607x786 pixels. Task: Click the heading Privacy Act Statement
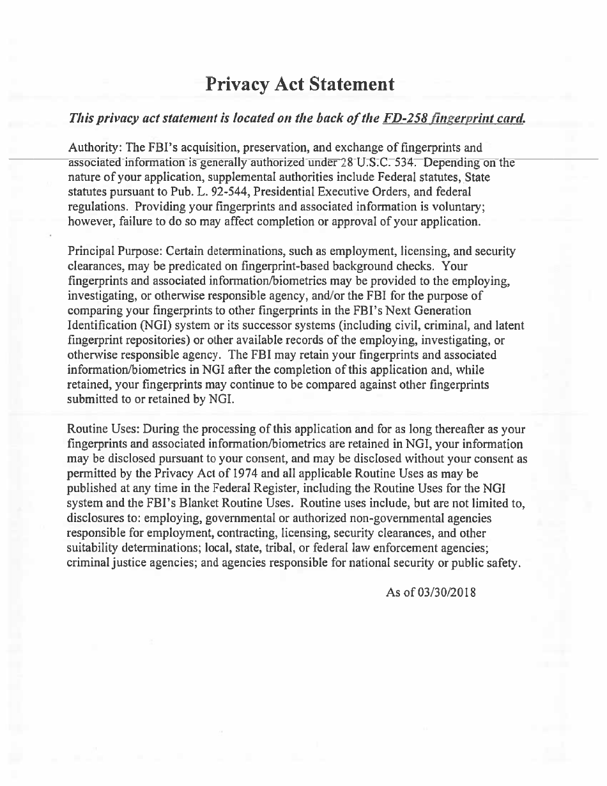pyautogui.click(x=300, y=84)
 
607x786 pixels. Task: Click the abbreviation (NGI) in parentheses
pyautogui.click(x=151, y=325)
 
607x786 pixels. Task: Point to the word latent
pyautogui.click(x=509, y=325)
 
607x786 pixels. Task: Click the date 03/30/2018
pyautogui.click(x=446, y=592)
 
